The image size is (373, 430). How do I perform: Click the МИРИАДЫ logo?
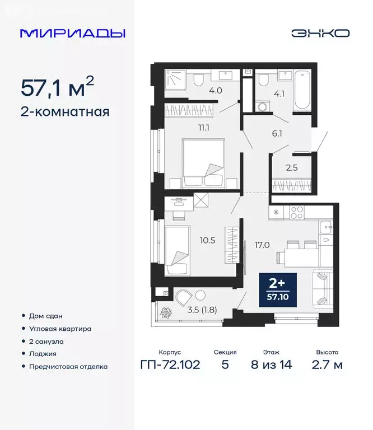[72, 33]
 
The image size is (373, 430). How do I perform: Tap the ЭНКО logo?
[320, 33]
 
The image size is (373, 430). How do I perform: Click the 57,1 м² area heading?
[57, 88]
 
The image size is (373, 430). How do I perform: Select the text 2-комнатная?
[64, 111]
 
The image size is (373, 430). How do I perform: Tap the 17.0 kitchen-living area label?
[262, 244]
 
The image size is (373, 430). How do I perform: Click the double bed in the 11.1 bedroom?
[203, 162]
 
